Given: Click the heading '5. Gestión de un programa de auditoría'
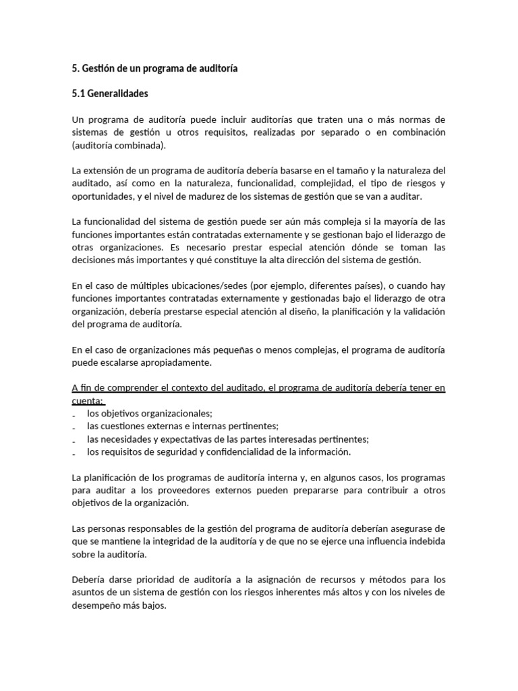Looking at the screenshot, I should (154, 68).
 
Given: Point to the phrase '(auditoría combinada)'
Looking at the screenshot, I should (118, 145).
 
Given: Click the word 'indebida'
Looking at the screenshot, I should (426, 541).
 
